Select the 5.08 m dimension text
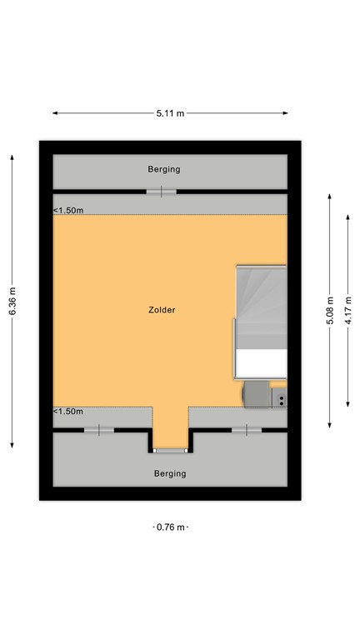pos(330,311)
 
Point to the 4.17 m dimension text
pos(348,311)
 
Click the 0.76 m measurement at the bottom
pos(170,527)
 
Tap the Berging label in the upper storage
pos(163,169)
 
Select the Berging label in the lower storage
pos(170,473)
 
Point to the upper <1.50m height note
pos(68,211)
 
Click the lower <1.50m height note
pos(68,412)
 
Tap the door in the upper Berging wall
pos(162,192)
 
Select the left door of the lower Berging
pos(98,430)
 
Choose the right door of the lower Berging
pos(246,430)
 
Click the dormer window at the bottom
pos(170,451)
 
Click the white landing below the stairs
pos(262,363)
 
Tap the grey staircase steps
pos(262,304)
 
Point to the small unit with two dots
pos(282,401)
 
